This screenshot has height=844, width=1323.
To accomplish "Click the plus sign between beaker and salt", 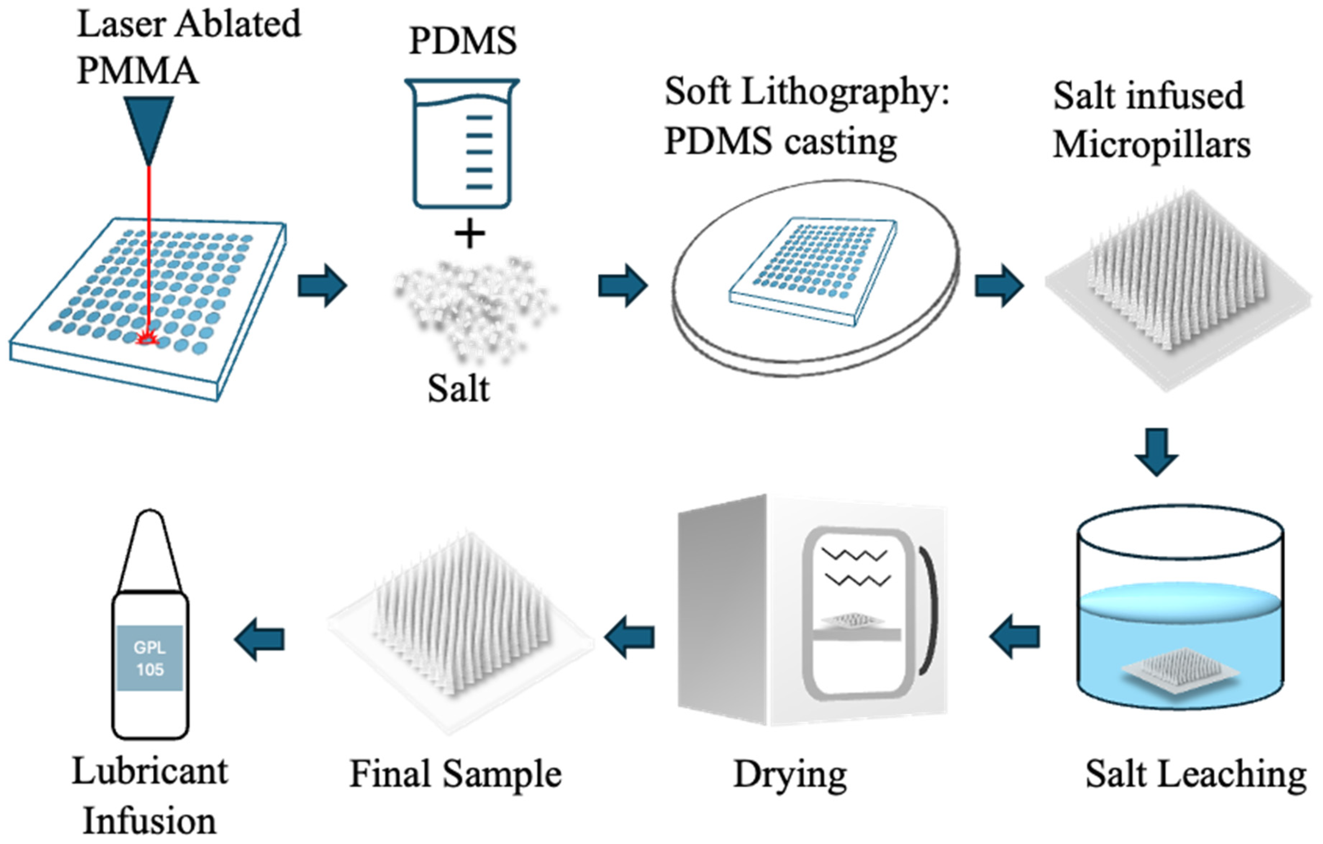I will (470, 234).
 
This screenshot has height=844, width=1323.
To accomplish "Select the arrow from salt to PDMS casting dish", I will (622, 285).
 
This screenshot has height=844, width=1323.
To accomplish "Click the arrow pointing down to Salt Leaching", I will (1157, 451).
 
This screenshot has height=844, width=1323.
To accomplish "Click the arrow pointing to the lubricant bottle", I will (260, 638).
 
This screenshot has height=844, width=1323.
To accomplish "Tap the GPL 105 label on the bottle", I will (149, 658).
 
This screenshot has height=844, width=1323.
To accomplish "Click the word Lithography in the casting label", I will (846, 93).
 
